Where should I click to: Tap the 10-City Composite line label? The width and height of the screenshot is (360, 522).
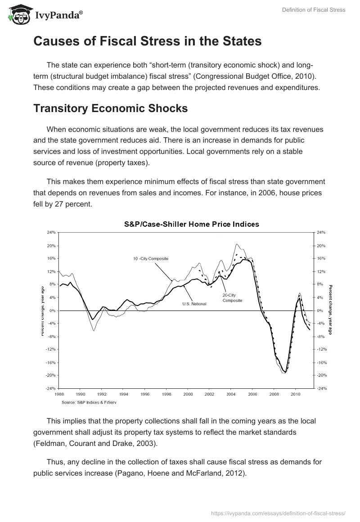point(150,258)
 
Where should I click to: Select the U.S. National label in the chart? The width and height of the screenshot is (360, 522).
point(194,304)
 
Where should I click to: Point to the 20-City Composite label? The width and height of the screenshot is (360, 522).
point(232,298)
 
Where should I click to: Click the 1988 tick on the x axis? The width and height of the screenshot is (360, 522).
point(59,394)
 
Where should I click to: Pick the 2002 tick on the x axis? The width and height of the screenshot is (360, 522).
point(209,394)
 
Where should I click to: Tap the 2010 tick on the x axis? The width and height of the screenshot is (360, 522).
point(295,394)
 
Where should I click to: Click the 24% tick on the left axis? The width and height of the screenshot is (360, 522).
point(50,232)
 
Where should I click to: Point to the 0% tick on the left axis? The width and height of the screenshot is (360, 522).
point(52,310)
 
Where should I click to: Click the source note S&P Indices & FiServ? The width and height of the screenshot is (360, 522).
point(89,402)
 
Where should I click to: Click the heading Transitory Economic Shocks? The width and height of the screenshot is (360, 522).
point(110,108)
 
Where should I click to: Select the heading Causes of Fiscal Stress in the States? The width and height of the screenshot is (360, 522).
point(147,41)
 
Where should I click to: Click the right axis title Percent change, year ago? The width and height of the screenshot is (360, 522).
point(330,310)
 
